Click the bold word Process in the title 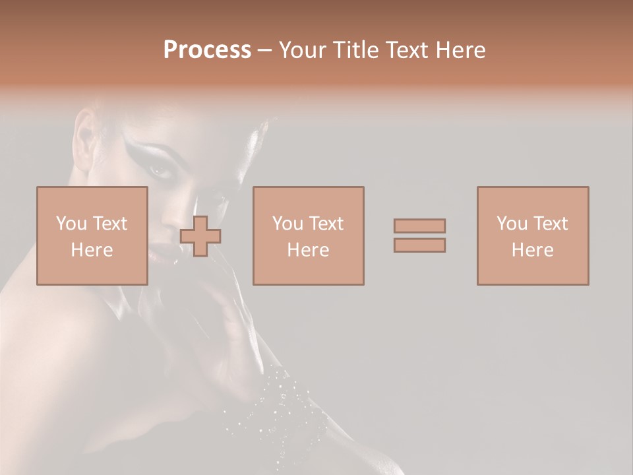pos(207,50)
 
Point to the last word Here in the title pos(464,50)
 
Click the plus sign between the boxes pos(200,236)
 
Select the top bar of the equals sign pos(419,226)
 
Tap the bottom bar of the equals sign pos(419,245)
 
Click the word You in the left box pos(71,224)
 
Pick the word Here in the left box pos(92,250)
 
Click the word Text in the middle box pos(326,224)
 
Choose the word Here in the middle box pos(308,250)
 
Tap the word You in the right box pos(512,224)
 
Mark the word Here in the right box pos(533,250)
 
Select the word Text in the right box pos(551,224)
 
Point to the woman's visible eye pos(160,170)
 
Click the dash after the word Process pos(265,51)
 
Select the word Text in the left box pos(110,224)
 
